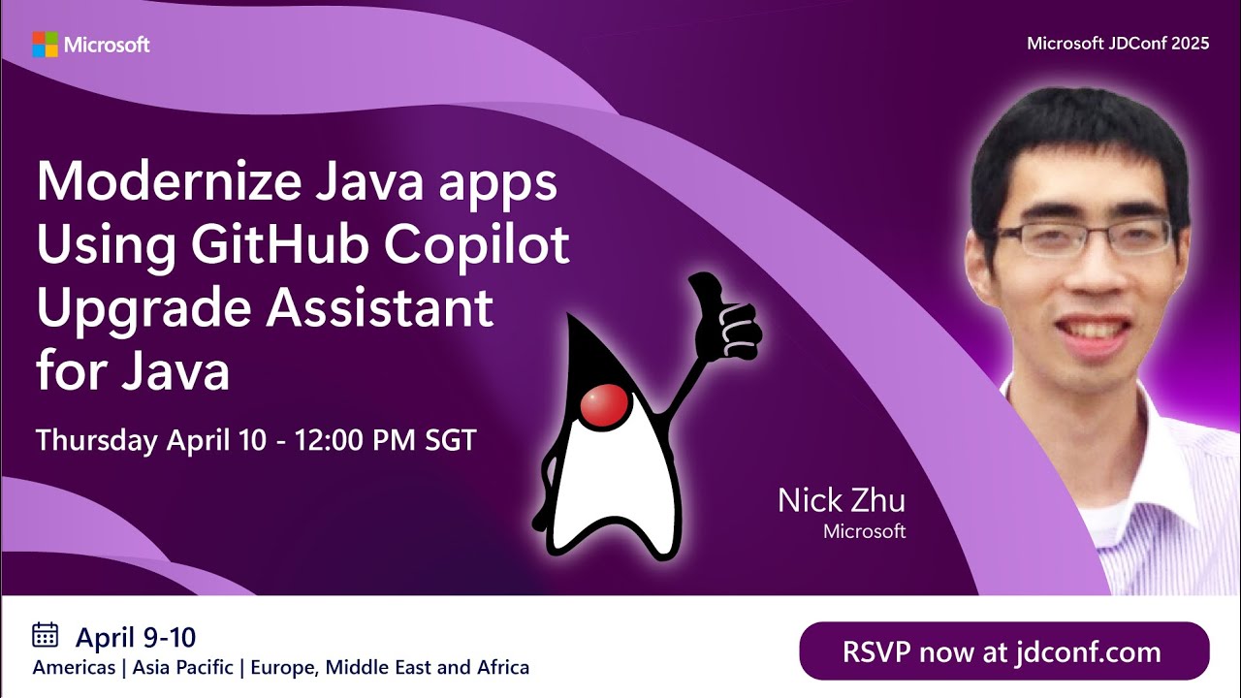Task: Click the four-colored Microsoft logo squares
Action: pos(45,45)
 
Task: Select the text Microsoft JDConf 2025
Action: pos(1118,44)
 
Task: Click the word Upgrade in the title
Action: pos(142,310)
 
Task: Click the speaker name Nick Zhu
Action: pos(841,500)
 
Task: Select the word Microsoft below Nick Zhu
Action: pos(864,531)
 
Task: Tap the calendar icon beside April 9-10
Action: pos(46,635)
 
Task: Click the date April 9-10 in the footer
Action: pos(136,637)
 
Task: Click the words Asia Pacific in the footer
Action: pos(185,667)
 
